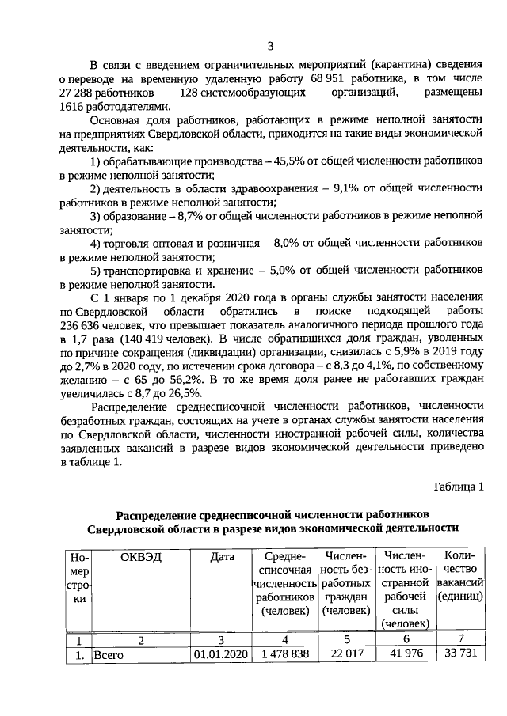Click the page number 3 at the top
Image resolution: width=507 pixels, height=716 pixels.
(x=270, y=46)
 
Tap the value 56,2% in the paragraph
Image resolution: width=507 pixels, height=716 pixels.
(x=180, y=380)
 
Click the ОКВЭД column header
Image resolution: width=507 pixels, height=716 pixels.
(x=140, y=557)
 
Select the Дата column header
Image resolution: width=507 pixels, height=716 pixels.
(x=223, y=557)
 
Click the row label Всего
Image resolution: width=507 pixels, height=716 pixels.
(x=108, y=655)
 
